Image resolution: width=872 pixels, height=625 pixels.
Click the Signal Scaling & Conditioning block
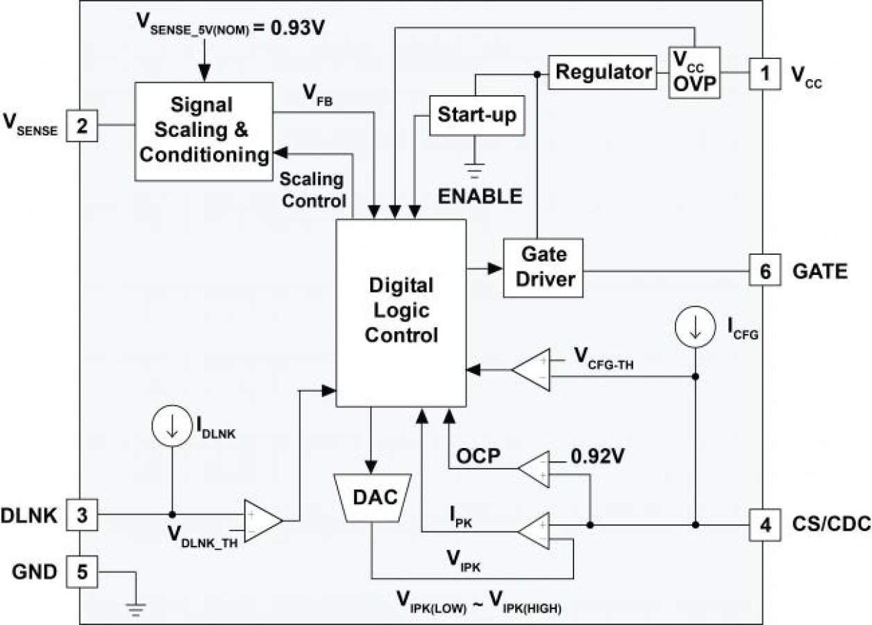203,131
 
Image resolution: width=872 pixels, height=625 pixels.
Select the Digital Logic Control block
401,312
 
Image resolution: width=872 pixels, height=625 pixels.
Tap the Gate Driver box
543,267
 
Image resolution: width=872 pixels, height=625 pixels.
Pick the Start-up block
476,115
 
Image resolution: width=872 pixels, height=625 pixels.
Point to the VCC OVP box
694,73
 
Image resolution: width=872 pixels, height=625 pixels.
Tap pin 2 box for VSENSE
82,126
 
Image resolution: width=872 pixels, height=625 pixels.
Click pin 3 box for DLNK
82,516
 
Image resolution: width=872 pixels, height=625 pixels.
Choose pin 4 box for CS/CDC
765,526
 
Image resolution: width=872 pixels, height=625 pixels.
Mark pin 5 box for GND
82,573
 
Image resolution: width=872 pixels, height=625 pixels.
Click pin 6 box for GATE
765,270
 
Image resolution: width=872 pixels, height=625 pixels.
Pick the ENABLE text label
480,196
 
